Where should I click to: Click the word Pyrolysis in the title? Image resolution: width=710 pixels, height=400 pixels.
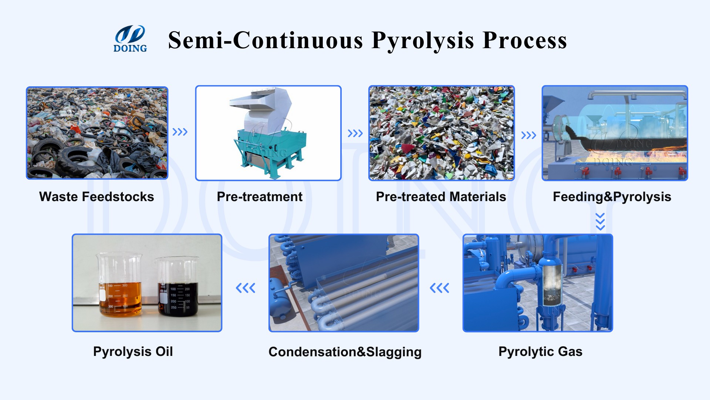click(x=423, y=40)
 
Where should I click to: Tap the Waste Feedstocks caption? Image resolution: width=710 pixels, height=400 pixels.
click(x=97, y=197)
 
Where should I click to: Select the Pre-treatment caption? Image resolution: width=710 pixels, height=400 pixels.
click(x=260, y=197)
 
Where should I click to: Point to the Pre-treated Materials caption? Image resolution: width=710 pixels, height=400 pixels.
click(x=441, y=197)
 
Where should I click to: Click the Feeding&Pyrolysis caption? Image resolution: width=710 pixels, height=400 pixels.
click(x=612, y=197)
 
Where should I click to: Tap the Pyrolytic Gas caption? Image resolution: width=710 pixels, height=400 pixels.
click(x=540, y=351)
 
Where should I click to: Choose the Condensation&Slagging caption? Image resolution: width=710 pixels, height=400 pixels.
click(x=345, y=352)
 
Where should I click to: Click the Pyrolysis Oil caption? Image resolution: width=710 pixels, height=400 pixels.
click(x=133, y=351)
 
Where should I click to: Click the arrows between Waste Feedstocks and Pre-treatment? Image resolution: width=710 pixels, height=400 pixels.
click(x=180, y=132)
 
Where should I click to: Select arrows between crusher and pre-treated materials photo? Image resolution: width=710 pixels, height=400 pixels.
click(x=355, y=133)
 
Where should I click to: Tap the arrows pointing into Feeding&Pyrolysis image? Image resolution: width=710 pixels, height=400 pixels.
click(x=528, y=135)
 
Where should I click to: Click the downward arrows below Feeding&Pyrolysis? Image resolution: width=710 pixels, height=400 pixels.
click(x=600, y=221)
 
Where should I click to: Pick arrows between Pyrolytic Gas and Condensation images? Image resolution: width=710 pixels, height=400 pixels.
click(x=440, y=288)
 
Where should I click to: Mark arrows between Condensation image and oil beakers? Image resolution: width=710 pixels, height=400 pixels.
click(x=246, y=288)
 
